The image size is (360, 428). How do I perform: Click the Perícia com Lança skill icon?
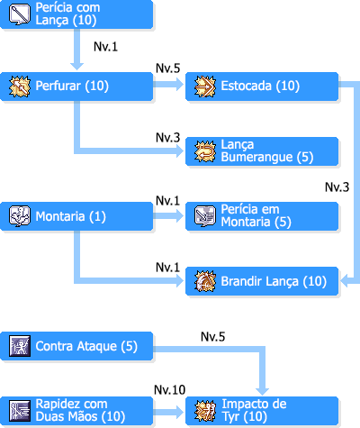click(x=20, y=14)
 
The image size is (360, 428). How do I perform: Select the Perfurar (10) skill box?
click(x=76, y=87)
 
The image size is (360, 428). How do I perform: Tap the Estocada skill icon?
click(x=205, y=87)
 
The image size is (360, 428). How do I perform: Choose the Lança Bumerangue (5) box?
click(x=262, y=151)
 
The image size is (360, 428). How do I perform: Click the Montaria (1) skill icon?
click(x=20, y=216)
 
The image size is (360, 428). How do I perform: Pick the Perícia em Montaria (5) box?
click(x=262, y=216)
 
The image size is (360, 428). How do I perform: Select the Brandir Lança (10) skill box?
click(x=262, y=281)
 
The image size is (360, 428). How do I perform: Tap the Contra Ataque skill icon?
click(x=20, y=346)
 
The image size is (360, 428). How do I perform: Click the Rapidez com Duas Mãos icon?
click(x=20, y=411)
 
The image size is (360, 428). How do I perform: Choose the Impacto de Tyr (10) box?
click(x=262, y=411)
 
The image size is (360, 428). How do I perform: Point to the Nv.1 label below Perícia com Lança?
click(x=105, y=47)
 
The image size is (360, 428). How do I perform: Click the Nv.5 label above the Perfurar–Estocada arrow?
click(x=167, y=68)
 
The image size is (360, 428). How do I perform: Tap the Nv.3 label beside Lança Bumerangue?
click(x=167, y=138)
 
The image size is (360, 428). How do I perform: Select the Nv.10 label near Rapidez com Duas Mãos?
click(x=169, y=390)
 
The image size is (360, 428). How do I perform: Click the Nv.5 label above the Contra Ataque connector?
click(x=212, y=337)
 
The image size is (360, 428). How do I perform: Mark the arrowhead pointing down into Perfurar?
click(x=76, y=67)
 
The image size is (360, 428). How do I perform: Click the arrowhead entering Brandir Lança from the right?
click(x=345, y=281)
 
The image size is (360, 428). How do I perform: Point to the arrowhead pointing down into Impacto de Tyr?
click(x=262, y=391)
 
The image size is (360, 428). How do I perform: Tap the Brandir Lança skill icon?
click(x=205, y=281)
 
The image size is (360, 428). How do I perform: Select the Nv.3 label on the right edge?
click(x=337, y=187)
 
